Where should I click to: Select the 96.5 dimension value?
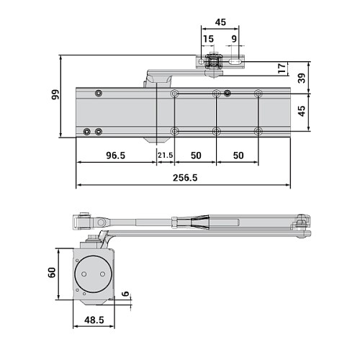(x=117, y=156)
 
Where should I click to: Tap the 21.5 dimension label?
(x=166, y=156)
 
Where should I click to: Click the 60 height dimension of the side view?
(x=52, y=274)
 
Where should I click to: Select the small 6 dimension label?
(x=125, y=294)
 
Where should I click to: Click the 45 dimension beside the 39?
(x=302, y=112)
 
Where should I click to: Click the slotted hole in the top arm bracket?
(x=235, y=64)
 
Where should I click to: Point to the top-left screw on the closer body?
(x=97, y=93)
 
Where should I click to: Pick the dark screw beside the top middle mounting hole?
(x=228, y=93)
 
